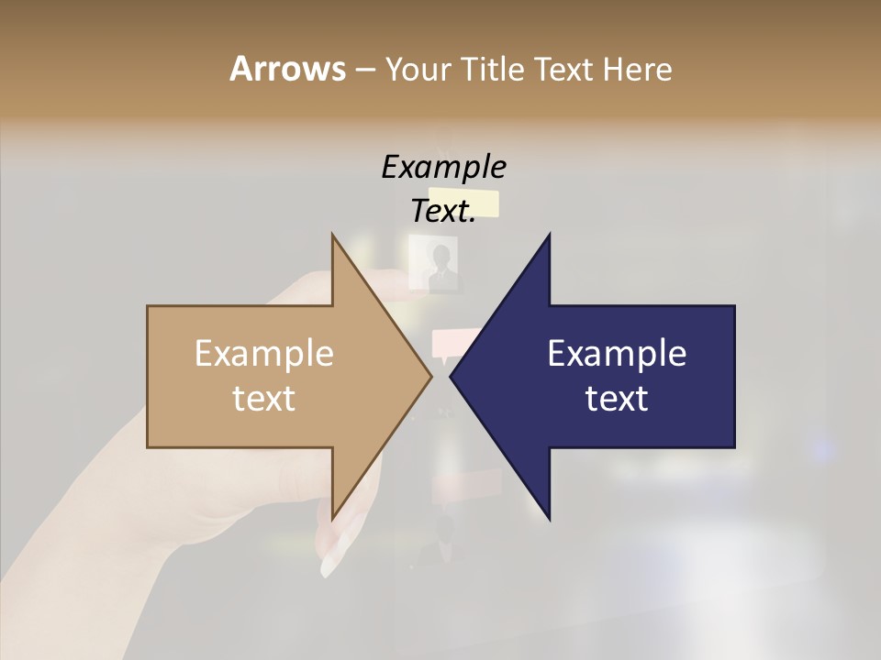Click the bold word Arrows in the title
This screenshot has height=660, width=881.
click(x=287, y=69)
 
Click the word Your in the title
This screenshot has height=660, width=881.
click(x=417, y=70)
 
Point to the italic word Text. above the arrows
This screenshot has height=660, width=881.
click(x=443, y=211)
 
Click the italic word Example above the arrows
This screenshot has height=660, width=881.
click(x=443, y=167)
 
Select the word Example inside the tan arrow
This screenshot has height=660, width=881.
click(x=264, y=353)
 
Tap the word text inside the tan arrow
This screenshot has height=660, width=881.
click(x=264, y=399)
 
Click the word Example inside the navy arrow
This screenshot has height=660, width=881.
click(x=617, y=353)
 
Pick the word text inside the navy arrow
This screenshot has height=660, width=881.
click(x=617, y=399)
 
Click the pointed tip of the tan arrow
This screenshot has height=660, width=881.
click(x=431, y=376)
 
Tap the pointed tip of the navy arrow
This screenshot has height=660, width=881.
click(x=451, y=376)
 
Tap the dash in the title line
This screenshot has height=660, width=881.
click(x=364, y=71)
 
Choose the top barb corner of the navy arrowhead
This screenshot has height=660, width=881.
click(x=549, y=236)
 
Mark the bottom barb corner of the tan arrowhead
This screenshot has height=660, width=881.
click(x=333, y=519)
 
